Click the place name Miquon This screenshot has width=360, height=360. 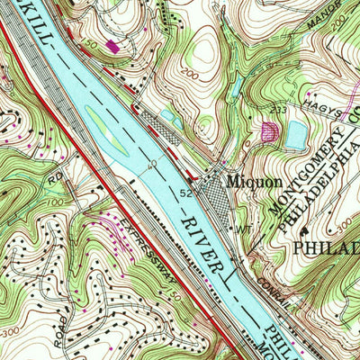[244, 179]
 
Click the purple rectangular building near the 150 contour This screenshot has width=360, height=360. [112, 43]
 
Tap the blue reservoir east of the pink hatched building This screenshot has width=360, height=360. [295, 136]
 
